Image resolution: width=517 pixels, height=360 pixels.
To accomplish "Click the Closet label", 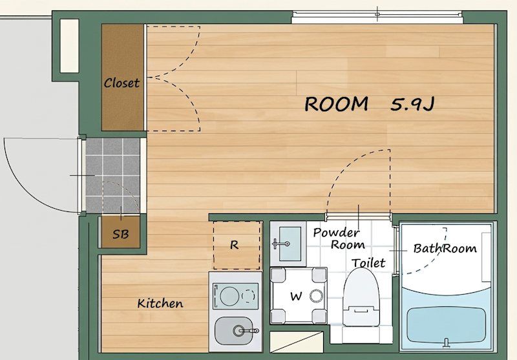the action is tap(121, 83).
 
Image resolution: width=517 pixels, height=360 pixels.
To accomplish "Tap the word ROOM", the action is tap(336, 104).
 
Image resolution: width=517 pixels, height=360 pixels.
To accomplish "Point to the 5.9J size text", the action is tap(412, 104).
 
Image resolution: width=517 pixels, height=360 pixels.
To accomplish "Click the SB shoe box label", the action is tap(121, 234).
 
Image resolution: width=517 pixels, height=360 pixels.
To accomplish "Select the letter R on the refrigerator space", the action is tap(234, 245).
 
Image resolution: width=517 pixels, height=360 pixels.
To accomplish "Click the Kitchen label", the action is tap(160, 303).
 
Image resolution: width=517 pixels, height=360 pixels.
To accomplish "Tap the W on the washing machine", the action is tap(296, 296).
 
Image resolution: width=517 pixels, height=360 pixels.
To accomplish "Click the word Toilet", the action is tap(368, 263).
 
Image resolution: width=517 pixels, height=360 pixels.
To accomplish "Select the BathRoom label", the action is tap(445, 248).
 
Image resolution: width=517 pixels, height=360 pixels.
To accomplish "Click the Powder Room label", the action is tap(338, 238).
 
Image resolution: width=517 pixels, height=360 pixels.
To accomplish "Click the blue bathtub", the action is tap(446, 324).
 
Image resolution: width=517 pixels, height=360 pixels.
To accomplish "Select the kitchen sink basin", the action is tap(234, 331).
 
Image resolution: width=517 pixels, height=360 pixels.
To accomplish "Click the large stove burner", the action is tap(229, 296).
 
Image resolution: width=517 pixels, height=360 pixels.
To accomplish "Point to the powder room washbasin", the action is tap(290, 244).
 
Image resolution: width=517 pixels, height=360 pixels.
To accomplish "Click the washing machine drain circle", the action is tap(316, 296).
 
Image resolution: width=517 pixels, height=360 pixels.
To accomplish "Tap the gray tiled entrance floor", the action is tap(112, 175).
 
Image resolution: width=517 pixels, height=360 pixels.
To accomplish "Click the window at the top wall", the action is tap(377, 17).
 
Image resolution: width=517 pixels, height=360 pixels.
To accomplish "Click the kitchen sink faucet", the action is tap(246, 330).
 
